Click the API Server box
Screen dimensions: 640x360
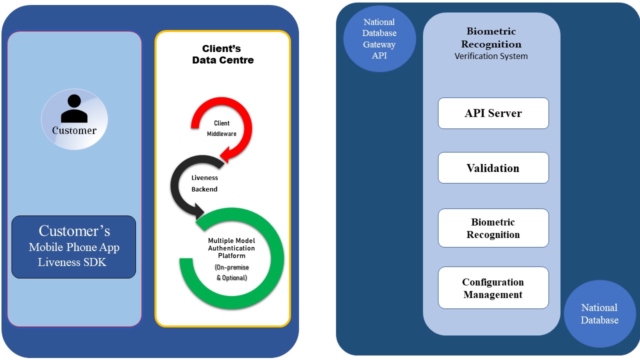(493, 113)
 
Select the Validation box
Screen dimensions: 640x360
(493, 167)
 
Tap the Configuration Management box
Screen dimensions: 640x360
(493, 287)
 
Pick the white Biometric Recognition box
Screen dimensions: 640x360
(493, 228)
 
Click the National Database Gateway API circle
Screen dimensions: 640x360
(379, 39)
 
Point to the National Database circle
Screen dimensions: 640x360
(599, 313)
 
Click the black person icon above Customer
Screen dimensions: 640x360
(74, 108)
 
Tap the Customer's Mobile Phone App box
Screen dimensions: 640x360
(73, 247)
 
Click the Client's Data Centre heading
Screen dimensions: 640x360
(222, 54)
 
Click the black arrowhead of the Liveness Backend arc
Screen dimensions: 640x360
(199, 211)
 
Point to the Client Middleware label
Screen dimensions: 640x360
(221, 128)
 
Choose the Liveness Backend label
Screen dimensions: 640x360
(204, 183)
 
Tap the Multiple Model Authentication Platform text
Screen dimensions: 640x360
(231, 248)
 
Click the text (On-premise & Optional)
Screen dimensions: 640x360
(231, 272)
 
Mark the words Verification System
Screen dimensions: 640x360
(491, 56)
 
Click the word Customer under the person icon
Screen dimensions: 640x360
(74, 130)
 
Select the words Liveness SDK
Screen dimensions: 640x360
(72, 262)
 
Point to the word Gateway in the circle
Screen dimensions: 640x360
(379, 44)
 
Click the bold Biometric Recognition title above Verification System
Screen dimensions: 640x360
(491, 37)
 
